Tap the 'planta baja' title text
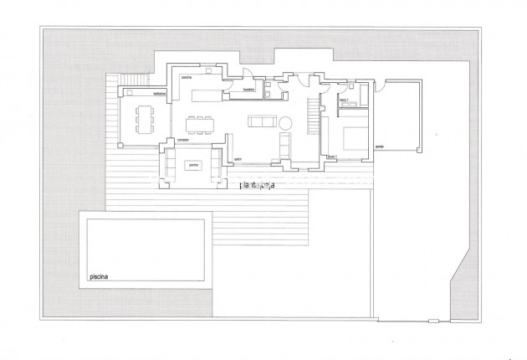(x=258, y=184)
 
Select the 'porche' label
(x=193, y=166)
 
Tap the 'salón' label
(x=238, y=159)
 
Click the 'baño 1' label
(x=343, y=100)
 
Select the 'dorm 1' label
(x=331, y=157)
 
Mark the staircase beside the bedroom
(x=314, y=116)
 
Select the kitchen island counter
(x=203, y=96)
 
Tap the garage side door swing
(x=381, y=85)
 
